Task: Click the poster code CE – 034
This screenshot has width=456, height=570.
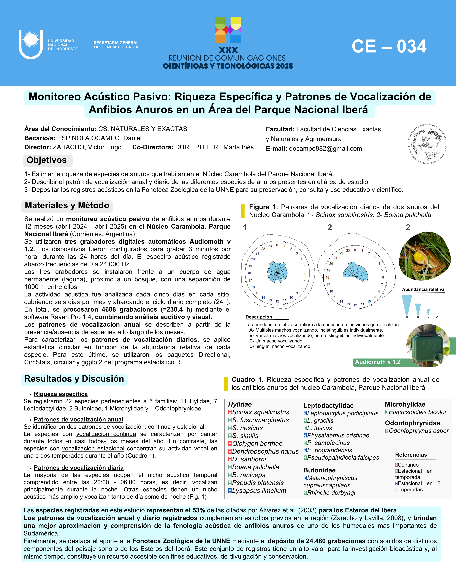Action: [389, 47]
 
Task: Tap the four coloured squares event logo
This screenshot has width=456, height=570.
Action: [228, 30]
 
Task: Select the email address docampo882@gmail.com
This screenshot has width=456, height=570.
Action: [325, 149]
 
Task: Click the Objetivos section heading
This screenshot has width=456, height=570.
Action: [47, 160]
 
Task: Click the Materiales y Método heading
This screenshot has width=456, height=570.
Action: [67, 205]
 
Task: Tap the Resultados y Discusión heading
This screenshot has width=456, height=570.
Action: [74, 379]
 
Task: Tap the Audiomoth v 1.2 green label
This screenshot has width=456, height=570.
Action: [377, 362]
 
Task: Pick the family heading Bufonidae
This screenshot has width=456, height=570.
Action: [319, 470]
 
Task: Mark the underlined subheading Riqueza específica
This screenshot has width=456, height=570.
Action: [61, 394]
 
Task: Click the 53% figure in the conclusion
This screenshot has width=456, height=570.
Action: [199, 510]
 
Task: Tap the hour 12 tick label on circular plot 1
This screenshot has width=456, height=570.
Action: [277, 301]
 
